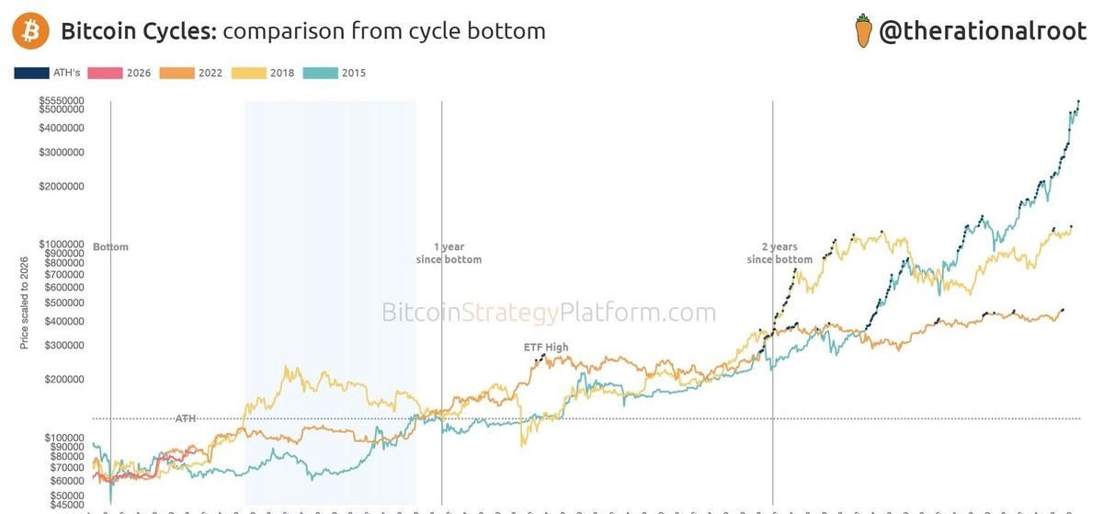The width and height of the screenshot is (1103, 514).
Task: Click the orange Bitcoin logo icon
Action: (30, 30)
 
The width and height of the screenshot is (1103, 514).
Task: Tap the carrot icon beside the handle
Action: (863, 30)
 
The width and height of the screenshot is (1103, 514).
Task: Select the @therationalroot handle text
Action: (983, 31)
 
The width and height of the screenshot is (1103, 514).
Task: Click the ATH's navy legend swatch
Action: (31, 73)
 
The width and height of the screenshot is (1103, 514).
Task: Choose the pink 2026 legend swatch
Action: (105, 73)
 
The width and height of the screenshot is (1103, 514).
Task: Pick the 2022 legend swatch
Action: (176, 73)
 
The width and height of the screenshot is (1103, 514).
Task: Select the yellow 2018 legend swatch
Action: (249, 73)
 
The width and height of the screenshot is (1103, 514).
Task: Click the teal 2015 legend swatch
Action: (321, 73)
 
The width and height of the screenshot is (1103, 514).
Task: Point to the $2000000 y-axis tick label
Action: (62, 187)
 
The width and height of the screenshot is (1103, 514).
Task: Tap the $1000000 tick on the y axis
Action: (62, 244)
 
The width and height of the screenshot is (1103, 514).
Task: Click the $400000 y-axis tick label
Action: (64, 321)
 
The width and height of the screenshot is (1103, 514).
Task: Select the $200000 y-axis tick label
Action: (64, 379)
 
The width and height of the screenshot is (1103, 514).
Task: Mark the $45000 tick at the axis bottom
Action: (67, 505)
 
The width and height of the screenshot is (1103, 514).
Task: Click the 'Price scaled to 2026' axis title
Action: (24, 303)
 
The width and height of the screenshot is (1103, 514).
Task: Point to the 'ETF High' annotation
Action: (546, 347)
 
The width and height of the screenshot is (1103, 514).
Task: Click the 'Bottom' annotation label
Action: (110, 246)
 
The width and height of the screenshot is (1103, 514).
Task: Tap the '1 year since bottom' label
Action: (449, 253)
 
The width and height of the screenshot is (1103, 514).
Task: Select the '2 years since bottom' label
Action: (779, 253)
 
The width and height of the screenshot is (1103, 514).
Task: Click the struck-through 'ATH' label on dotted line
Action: (186, 418)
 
